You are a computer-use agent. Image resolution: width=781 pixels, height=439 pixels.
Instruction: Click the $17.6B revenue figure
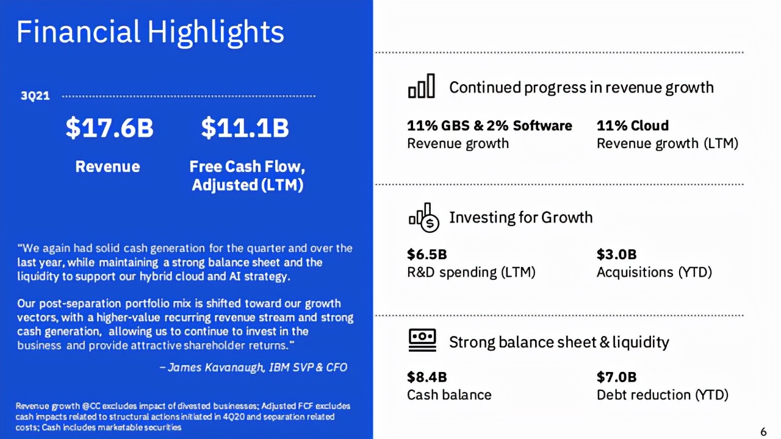pos(109,128)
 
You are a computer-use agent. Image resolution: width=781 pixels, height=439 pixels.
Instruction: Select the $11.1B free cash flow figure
pos(245,128)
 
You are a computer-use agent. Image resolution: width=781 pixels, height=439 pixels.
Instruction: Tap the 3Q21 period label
pos(35,96)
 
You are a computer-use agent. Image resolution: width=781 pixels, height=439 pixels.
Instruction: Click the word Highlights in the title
pos(216,32)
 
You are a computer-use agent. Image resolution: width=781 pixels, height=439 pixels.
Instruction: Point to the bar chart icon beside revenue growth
pos(422,86)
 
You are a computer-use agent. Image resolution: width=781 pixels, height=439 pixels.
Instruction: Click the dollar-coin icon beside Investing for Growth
pos(424,218)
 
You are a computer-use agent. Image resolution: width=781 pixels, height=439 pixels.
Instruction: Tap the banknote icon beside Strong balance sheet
pos(422,340)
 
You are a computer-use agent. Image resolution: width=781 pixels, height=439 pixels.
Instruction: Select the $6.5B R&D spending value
pos(426,254)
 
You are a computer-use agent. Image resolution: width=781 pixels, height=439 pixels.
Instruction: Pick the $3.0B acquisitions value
pos(616,254)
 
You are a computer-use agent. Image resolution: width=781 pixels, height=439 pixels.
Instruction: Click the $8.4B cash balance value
pos(426,377)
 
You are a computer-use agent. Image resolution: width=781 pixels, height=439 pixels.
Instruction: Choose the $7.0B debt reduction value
pos(616,377)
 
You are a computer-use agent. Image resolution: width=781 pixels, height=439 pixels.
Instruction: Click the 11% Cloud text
pos(633,126)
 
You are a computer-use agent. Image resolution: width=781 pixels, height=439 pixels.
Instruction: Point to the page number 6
pos(763,432)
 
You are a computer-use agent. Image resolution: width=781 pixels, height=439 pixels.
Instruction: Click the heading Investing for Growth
pos(521,218)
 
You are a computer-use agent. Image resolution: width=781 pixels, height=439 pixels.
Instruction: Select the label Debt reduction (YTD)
pos(663,395)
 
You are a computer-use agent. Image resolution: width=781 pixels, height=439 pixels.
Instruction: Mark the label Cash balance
pos(449,395)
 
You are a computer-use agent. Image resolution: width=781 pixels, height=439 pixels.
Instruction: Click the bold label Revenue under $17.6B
pos(108,166)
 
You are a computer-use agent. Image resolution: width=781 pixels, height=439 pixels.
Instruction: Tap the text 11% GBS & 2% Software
pos(489,126)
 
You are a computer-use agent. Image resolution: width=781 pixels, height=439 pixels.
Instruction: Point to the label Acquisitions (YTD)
pos(654,272)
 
